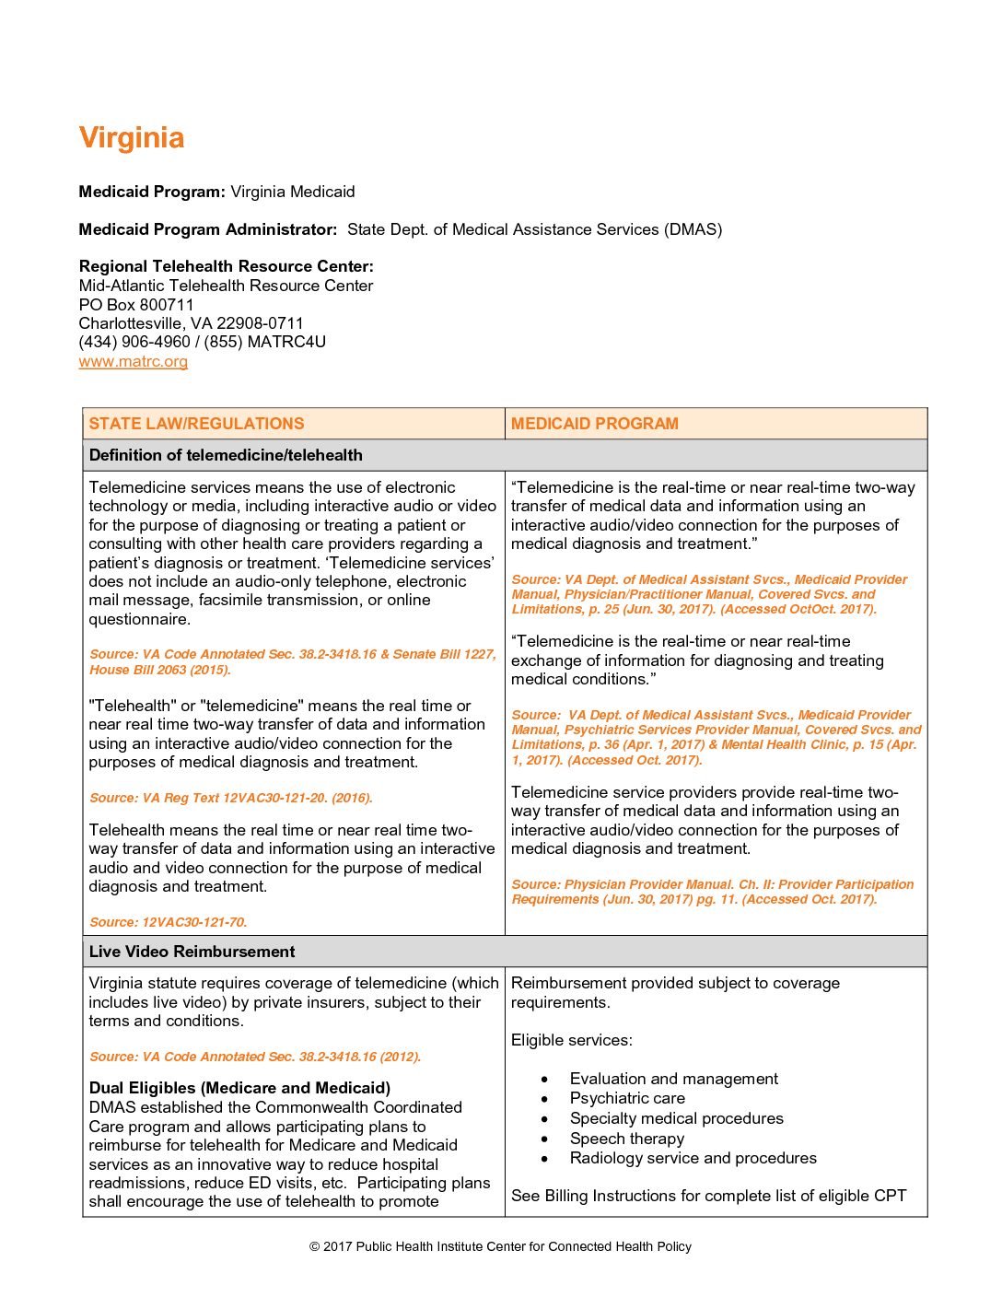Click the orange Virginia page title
pyautogui.click(x=132, y=138)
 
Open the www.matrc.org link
pyautogui.click(x=134, y=361)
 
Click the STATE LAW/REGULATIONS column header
pyautogui.click(x=196, y=424)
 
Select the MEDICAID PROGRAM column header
pyautogui.click(x=594, y=424)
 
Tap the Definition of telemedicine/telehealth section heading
pyautogui.click(x=226, y=455)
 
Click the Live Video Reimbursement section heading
pyautogui.click(x=192, y=952)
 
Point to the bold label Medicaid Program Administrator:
pyautogui.click(x=207, y=229)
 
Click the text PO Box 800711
pyautogui.click(x=136, y=305)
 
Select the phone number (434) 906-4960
pyautogui.click(x=134, y=342)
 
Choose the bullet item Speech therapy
pyautogui.click(x=626, y=1139)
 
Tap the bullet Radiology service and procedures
pyautogui.click(x=693, y=1158)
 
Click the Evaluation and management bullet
pyautogui.click(x=673, y=1079)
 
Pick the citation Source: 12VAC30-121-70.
pyautogui.click(x=168, y=922)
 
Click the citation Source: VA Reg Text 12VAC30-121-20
pyautogui.click(x=230, y=798)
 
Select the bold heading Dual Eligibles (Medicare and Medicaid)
pyautogui.click(x=239, y=1088)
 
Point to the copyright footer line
pyautogui.click(x=500, y=1246)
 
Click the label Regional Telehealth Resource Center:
pyautogui.click(x=226, y=266)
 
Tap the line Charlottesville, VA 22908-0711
pyautogui.click(x=191, y=323)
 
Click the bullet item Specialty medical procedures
pyautogui.click(x=676, y=1118)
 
